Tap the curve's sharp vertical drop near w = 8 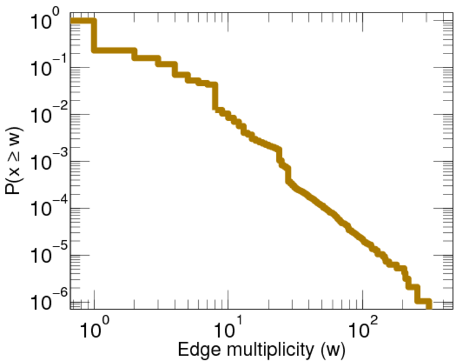pos(216,96)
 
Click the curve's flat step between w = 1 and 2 pos(113,50)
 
